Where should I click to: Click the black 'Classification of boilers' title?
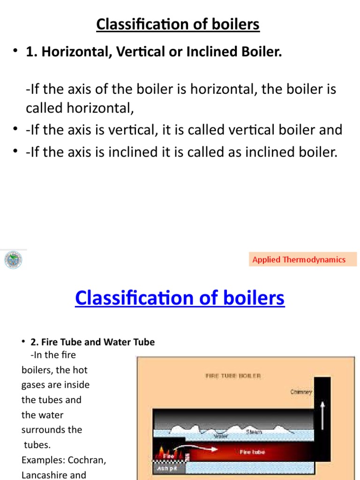(x=178, y=24)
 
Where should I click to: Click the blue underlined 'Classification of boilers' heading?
(x=180, y=298)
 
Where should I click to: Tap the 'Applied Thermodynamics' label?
(x=299, y=259)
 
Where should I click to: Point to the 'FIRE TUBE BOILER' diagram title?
(x=233, y=375)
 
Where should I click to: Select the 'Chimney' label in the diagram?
(x=301, y=392)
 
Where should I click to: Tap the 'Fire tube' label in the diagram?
(x=252, y=452)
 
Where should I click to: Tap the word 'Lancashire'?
(x=44, y=474)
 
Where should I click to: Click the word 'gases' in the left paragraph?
(x=34, y=385)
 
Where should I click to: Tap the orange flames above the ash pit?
(x=165, y=453)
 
